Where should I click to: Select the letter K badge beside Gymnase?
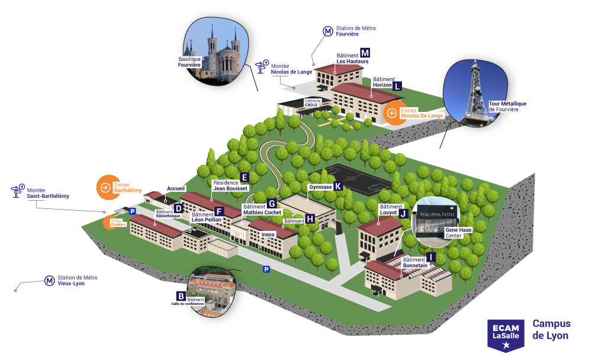click(x=338, y=186)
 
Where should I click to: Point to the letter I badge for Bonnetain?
click(x=431, y=257)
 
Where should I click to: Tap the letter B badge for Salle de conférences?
click(x=181, y=295)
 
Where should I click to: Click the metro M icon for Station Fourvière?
click(x=327, y=31)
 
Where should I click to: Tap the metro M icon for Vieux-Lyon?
click(x=50, y=281)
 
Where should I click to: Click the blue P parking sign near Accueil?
click(x=133, y=210)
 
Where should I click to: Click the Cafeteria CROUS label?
click(x=312, y=102)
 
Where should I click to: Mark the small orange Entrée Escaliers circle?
click(x=110, y=223)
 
